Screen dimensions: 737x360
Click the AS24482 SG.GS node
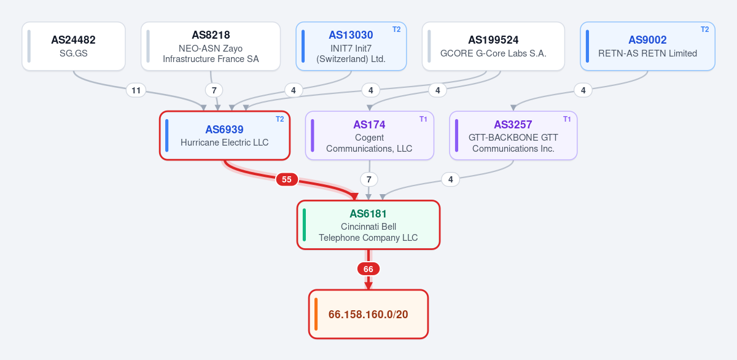coord(74,46)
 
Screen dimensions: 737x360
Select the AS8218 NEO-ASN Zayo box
coord(211,46)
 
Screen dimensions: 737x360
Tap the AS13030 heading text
coord(351,35)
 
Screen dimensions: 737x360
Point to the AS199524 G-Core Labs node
coord(493,46)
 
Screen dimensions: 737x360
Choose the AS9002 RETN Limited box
coord(647,46)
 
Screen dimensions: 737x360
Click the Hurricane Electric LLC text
coord(224,143)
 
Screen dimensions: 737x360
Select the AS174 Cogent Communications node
coord(370,136)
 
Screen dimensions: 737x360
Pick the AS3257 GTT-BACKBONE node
coord(513,136)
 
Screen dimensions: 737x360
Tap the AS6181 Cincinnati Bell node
coord(368,225)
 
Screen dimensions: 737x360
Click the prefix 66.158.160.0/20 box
coord(368,315)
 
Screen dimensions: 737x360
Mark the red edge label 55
coord(287,179)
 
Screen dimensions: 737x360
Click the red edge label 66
coord(368,269)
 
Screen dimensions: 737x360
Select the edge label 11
coord(136,90)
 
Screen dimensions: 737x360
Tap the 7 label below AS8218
coord(214,90)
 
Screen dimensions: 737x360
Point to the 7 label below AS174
coord(369,179)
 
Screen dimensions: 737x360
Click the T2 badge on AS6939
coord(279,119)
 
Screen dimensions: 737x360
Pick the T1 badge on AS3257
coord(567,119)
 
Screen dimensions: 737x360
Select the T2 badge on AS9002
coord(705,29)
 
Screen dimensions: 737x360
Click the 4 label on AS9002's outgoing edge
coord(583,90)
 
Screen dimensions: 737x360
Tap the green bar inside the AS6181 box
coord(305,225)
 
